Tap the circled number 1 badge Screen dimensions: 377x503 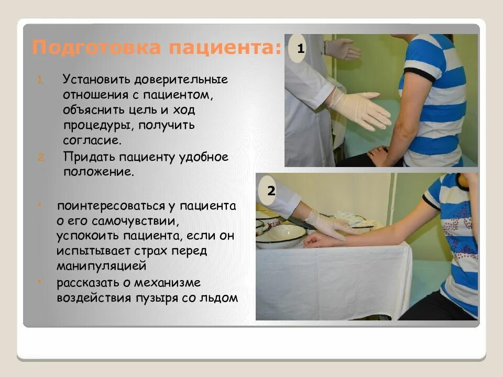301,50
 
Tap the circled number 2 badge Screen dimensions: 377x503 271,192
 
